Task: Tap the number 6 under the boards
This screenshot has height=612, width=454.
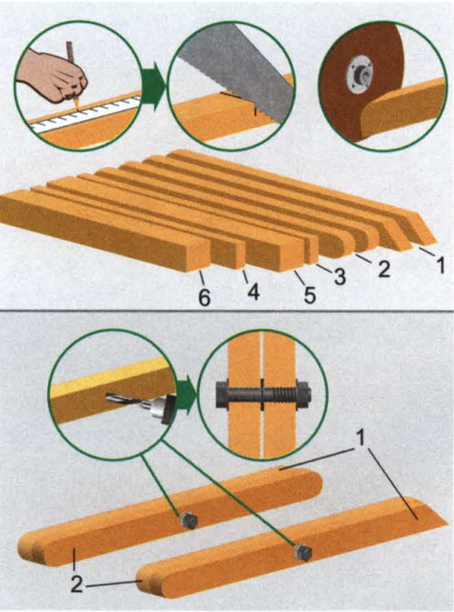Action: [x=203, y=299]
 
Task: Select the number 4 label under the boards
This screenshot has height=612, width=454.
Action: [x=253, y=291]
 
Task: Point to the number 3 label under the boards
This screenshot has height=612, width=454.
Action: [x=339, y=276]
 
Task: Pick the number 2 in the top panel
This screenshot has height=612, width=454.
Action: [x=383, y=269]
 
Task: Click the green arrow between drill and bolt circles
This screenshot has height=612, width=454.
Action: [x=186, y=395]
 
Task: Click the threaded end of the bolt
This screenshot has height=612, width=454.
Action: [x=287, y=393]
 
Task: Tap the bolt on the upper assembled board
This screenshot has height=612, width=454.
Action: [x=188, y=520]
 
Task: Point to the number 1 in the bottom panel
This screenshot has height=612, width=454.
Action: [x=361, y=439]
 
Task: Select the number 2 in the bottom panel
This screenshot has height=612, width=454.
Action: [x=77, y=584]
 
